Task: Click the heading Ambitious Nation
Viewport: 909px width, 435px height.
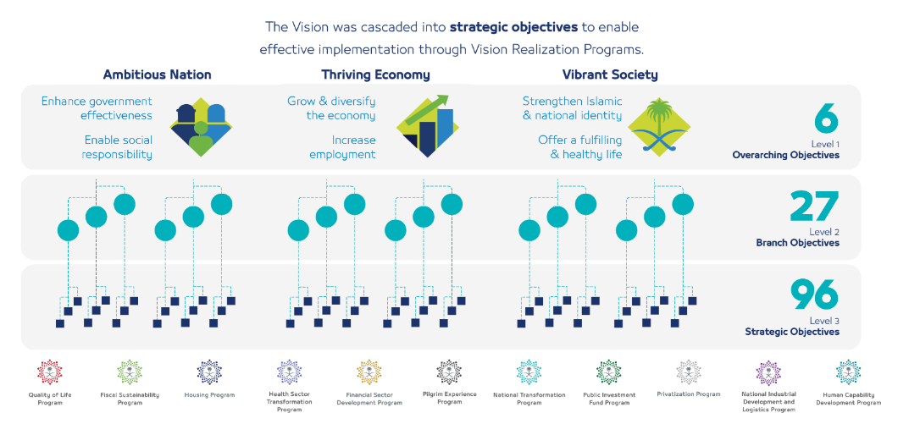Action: (x=157, y=74)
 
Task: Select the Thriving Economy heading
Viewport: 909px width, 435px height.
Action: (x=375, y=74)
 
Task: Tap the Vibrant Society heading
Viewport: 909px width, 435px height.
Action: (x=610, y=74)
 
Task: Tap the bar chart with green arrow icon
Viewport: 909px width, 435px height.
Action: (x=428, y=126)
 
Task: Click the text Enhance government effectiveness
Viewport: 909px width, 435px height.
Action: (x=97, y=108)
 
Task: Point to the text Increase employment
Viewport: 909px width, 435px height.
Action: (x=342, y=147)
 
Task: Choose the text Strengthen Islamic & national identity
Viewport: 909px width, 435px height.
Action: (x=572, y=108)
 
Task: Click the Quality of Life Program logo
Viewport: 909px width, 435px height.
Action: (x=50, y=372)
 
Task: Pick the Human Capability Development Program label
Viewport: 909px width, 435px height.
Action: (x=848, y=399)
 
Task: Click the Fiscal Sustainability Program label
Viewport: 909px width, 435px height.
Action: (x=130, y=399)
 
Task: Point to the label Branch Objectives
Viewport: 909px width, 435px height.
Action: (x=797, y=243)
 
